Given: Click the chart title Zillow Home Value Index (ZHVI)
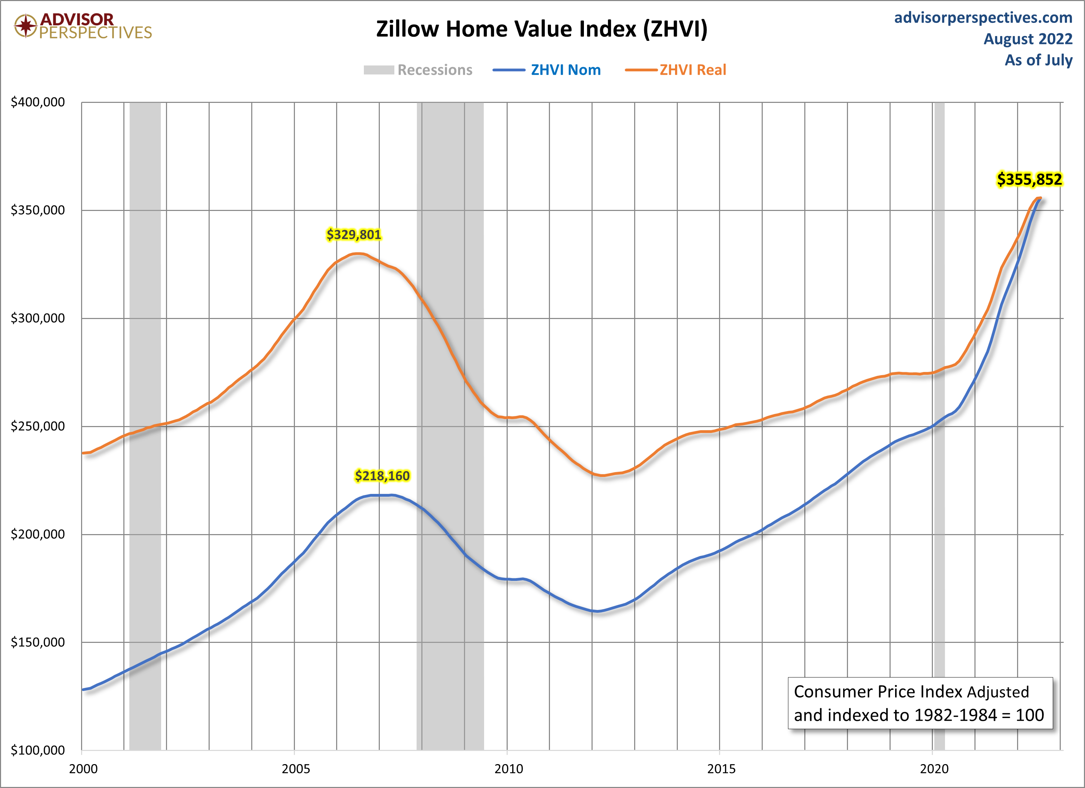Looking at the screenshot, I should coord(542,29).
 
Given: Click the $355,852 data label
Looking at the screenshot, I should coord(1029,179).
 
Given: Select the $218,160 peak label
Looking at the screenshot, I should coord(382,476).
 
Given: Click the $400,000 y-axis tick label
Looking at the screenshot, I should coord(38,102).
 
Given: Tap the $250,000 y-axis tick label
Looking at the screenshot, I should coord(38,426).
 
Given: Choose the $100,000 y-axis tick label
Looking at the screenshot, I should coord(38,750).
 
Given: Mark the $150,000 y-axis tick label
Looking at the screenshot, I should coord(38,642).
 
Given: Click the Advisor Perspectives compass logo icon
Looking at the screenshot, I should coord(25,25).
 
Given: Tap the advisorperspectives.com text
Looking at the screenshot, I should coord(983,18).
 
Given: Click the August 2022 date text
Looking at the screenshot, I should coord(1027,39).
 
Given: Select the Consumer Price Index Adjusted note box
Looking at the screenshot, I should coord(920,703).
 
